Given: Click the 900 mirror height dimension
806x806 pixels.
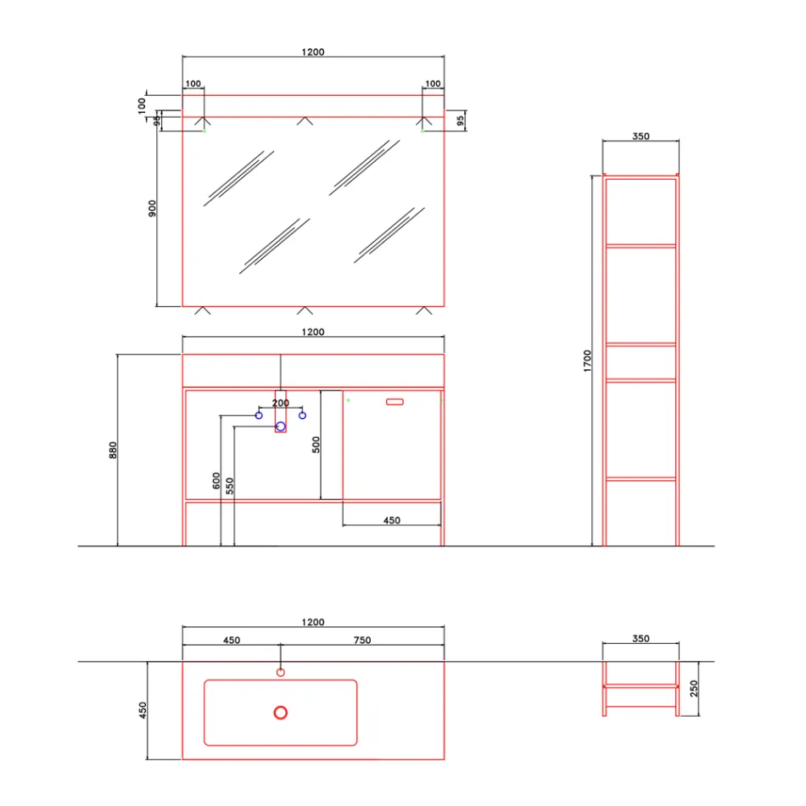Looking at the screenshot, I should coord(152,209).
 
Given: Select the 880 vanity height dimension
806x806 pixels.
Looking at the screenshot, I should coord(113,450).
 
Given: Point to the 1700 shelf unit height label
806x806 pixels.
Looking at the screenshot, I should coord(587,361).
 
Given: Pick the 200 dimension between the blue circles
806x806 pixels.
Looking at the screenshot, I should coord(281,403).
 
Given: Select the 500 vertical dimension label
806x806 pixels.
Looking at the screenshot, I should coord(315,445).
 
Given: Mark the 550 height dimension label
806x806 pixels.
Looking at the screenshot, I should coord(230,485).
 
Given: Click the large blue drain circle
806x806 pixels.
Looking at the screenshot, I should coord(281,426).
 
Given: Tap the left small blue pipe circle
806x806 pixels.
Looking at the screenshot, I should coord(259,415).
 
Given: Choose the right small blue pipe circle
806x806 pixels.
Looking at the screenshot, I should coord(302,415).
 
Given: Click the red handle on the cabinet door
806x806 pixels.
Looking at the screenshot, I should coord(395,401).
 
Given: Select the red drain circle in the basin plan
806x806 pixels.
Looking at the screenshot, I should coord(281,713).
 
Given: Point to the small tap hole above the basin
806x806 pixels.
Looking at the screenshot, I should coord(281,673).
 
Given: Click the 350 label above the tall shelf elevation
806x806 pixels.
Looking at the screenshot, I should coord(641,136).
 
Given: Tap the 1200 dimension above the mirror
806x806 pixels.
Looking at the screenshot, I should coord(313,52).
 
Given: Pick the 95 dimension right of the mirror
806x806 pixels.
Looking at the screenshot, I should coord(461,120).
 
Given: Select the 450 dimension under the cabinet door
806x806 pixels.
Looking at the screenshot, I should coord(391,520).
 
